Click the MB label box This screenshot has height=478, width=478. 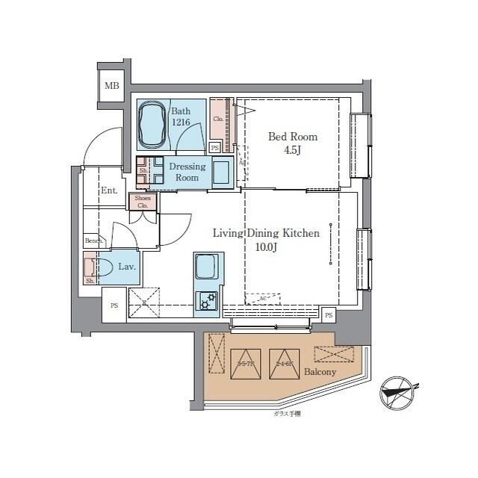111,86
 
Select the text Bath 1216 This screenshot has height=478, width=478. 182,117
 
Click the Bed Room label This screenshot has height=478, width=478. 293,137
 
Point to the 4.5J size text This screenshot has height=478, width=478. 293,150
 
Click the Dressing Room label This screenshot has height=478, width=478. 187,173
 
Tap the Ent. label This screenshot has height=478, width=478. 109,190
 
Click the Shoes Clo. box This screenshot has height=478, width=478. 143,202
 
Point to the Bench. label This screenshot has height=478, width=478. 93,240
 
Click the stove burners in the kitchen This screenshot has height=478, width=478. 206,300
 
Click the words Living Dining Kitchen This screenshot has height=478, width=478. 266,234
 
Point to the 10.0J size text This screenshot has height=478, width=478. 266,247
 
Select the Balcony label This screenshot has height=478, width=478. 320,372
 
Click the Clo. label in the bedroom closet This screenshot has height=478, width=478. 218,119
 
